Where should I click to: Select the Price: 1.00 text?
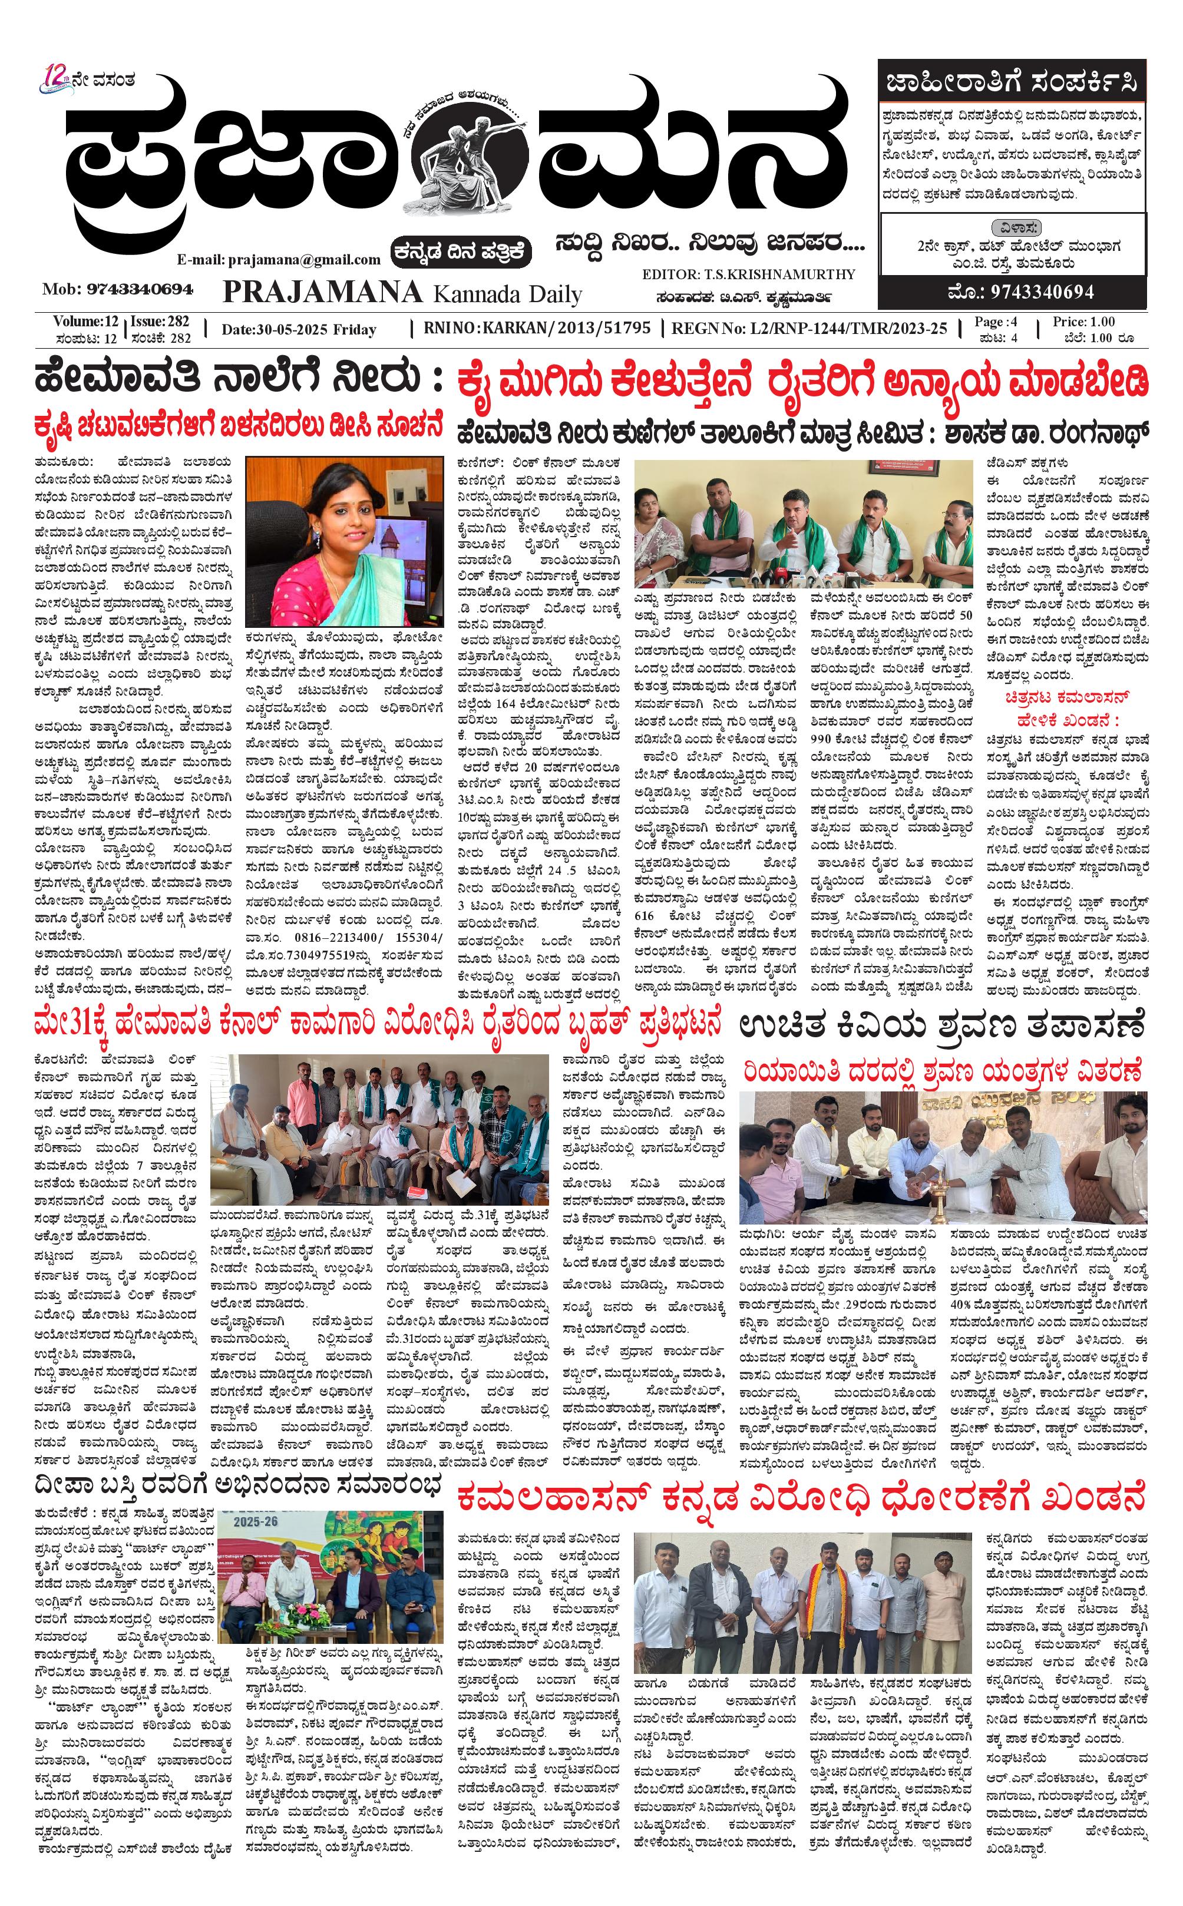[x=1083, y=322]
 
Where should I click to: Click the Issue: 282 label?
[x=160, y=322]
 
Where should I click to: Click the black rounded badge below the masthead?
[x=462, y=251]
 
